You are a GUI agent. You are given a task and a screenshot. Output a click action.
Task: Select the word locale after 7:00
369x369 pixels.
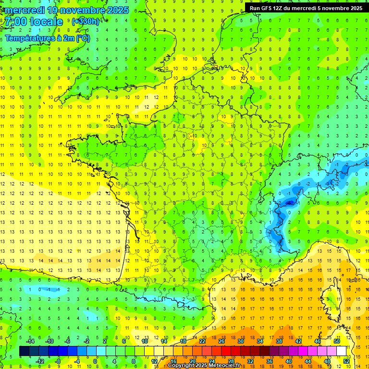46,22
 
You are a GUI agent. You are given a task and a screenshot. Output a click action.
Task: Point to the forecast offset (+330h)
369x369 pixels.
85,21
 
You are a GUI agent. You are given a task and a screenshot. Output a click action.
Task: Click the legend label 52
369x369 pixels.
346,361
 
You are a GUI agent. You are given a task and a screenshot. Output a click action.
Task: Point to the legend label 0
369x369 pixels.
95,361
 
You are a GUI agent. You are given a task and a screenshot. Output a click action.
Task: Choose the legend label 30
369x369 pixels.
240,341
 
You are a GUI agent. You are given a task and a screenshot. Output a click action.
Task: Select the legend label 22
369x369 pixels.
202,341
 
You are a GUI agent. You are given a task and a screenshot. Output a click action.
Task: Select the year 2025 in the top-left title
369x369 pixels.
113,10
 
